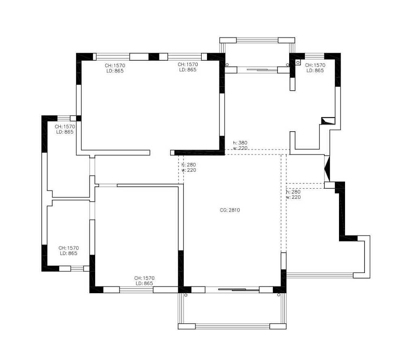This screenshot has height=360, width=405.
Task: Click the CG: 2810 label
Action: click(230, 210)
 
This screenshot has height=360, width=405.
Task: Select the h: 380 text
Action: click(240, 143)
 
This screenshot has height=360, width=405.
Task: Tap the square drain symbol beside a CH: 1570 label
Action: click(298, 62)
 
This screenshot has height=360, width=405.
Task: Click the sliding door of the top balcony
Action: click(257, 70)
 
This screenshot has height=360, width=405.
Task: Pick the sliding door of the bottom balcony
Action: click(239, 290)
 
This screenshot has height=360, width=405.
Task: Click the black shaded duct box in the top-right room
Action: click(328, 121)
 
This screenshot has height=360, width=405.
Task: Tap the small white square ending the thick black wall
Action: click(173, 153)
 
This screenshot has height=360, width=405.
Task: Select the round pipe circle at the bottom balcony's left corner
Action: click(186, 295)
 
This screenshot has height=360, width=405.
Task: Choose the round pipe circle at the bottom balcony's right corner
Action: click(279, 295)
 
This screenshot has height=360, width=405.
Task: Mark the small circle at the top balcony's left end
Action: click(227, 64)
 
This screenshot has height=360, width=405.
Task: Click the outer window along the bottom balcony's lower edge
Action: click(232, 326)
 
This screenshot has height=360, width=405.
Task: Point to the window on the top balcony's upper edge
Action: click(257, 40)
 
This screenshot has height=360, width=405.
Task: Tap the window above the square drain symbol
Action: click(314, 56)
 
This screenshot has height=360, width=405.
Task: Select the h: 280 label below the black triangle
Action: click(293, 192)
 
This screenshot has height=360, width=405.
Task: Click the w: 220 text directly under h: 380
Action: click(240, 148)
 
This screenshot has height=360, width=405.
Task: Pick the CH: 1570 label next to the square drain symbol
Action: click(315, 65)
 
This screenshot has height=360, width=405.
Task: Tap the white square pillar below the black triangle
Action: click(330, 185)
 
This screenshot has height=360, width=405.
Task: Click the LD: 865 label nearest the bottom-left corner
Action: click(68, 253)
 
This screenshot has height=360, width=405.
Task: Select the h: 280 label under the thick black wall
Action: click(189, 165)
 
